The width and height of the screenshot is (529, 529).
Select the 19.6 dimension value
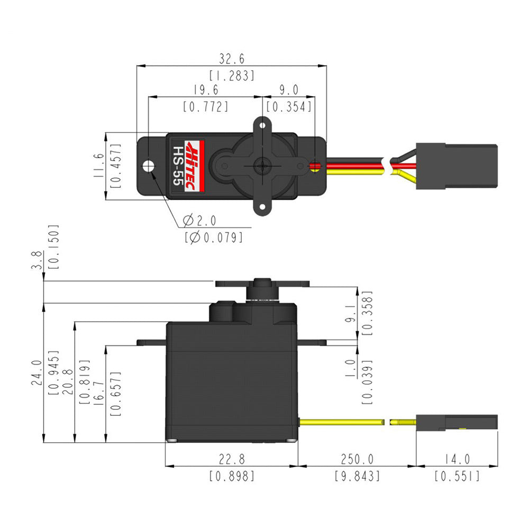[206, 90]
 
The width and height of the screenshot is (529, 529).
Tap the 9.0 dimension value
[289, 90]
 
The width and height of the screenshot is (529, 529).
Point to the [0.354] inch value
[289, 107]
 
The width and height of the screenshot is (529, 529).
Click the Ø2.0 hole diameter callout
[199, 220]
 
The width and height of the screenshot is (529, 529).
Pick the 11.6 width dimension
[99, 166]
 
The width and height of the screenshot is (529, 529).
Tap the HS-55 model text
[178, 166]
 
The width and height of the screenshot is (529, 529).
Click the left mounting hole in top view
[149, 166]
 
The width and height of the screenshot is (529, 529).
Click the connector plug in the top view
[456, 166]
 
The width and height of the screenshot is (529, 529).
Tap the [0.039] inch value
[367, 381]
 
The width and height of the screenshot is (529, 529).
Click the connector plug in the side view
[457, 422]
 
